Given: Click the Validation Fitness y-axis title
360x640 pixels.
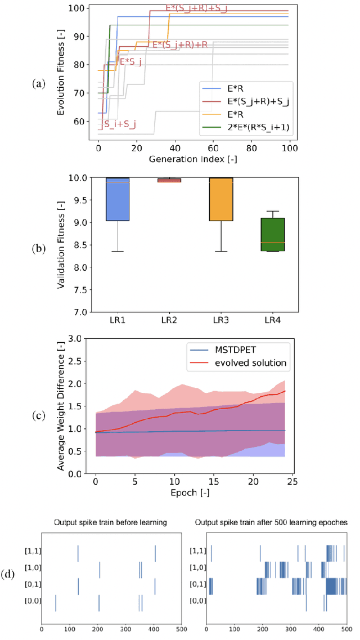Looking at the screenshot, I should coord(61,245).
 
